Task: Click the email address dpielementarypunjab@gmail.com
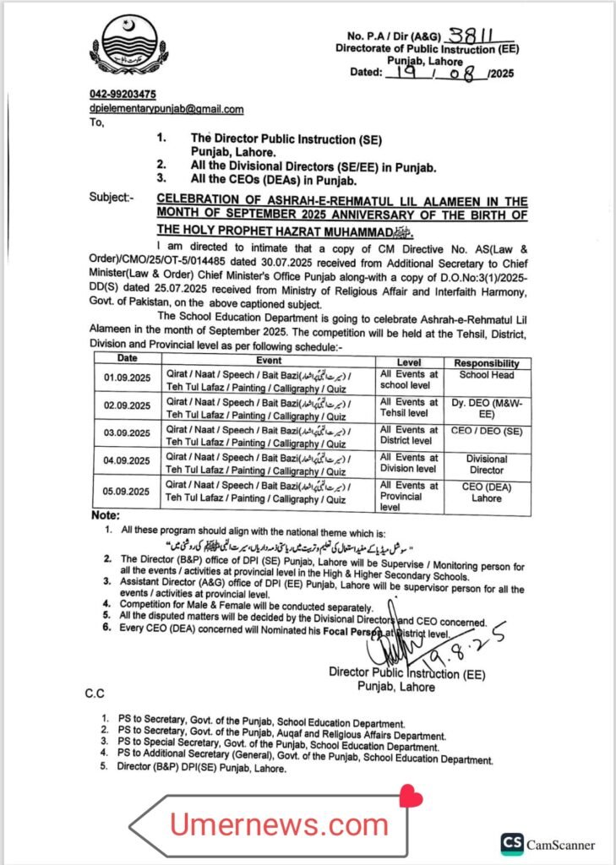pyautogui.click(x=166, y=109)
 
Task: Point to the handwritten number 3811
pyautogui.click(x=470, y=35)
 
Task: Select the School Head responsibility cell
pyautogui.click(x=487, y=374)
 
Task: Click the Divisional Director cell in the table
pyautogui.click(x=487, y=464)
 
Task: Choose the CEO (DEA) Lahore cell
pyautogui.click(x=488, y=492)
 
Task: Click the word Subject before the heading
pyautogui.click(x=112, y=198)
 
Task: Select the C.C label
pyautogui.click(x=94, y=693)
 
